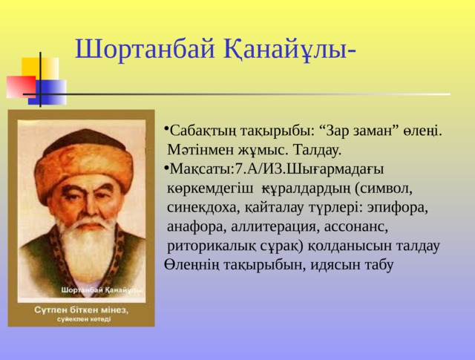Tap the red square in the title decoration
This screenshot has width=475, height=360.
coord(19,86)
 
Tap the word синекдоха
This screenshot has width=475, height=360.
coord(200,207)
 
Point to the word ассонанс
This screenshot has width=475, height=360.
coord(355,226)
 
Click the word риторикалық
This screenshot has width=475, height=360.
coord(209,245)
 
